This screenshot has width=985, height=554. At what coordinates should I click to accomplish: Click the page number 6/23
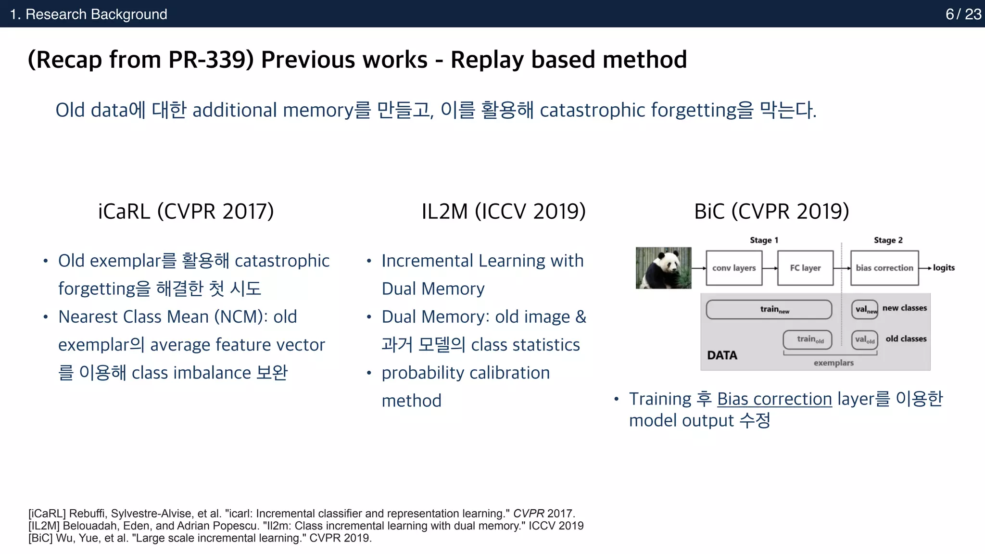coord(963,14)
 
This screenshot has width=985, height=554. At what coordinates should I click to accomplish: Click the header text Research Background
coord(96,14)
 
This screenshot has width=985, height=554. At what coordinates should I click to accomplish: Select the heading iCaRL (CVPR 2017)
coord(186,211)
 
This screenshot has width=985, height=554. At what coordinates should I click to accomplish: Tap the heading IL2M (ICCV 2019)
coord(504,211)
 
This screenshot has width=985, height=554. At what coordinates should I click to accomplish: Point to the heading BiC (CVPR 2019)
coord(771,211)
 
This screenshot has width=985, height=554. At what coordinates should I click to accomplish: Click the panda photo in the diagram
coord(663,268)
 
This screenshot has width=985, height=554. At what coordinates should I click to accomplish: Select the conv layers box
coord(733,268)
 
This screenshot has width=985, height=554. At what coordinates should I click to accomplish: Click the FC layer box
coord(805,268)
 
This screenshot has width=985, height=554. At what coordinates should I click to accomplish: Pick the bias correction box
coord(884,268)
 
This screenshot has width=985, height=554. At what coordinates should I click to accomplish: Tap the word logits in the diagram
coord(944,268)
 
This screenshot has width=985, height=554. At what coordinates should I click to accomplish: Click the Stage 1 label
coord(764,240)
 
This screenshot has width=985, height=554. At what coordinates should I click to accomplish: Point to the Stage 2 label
coord(888,240)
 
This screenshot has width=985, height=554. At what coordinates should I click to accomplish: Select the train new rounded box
coord(769,309)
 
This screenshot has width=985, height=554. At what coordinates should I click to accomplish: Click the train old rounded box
coord(807,340)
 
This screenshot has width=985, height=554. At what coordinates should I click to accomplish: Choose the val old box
coord(864,340)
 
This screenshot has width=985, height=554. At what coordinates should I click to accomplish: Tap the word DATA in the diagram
coord(722,355)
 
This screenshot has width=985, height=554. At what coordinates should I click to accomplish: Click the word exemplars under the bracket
coord(833,363)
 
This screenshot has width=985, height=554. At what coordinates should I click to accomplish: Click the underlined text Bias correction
coord(774,399)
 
